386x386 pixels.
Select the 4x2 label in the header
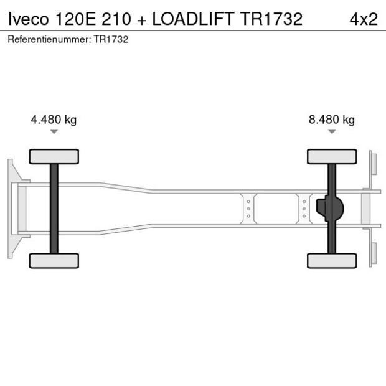(364, 19)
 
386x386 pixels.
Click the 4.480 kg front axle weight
(54, 120)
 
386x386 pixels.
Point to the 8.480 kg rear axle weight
(331, 120)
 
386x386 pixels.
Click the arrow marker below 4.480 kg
(54, 132)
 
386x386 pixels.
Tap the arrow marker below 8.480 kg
(332, 132)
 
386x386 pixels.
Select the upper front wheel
(54, 156)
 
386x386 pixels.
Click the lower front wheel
(54, 260)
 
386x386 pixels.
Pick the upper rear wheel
(332, 156)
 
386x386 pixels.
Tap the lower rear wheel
(332, 260)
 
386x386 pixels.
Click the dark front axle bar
(54, 209)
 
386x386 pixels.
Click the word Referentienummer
(49, 39)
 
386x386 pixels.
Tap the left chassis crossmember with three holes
(248, 209)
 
